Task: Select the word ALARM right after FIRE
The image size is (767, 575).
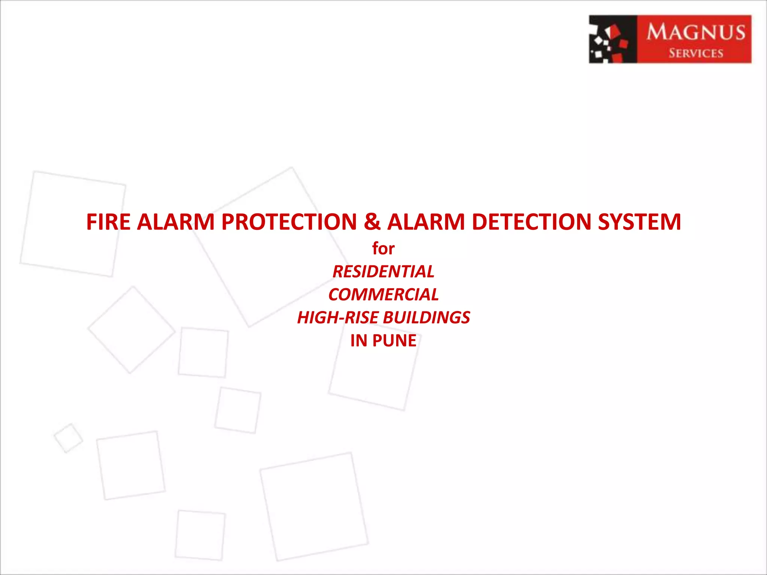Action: click(x=176, y=222)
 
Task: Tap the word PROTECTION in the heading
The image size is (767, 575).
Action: click(x=289, y=222)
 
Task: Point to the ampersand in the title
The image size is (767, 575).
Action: click(x=372, y=222)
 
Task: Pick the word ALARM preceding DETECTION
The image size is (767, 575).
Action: click(x=426, y=222)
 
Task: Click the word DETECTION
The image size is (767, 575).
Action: click(x=531, y=222)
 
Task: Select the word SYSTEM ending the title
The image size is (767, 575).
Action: click(x=639, y=222)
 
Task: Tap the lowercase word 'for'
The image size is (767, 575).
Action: click(x=383, y=249)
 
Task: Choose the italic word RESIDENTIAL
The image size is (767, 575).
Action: click(x=383, y=272)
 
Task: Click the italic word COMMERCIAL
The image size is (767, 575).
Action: click(x=383, y=295)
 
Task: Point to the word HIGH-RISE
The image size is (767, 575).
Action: click(x=338, y=318)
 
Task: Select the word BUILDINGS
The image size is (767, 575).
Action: click(x=427, y=318)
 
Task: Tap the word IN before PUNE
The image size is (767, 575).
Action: click(x=359, y=341)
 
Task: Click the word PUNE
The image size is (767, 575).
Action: click(x=394, y=341)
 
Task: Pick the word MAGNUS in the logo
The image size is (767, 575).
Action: click(x=696, y=32)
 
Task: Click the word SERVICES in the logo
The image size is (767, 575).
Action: click(x=696, y=53)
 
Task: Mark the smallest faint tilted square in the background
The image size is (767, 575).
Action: click(x=69, y=438)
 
